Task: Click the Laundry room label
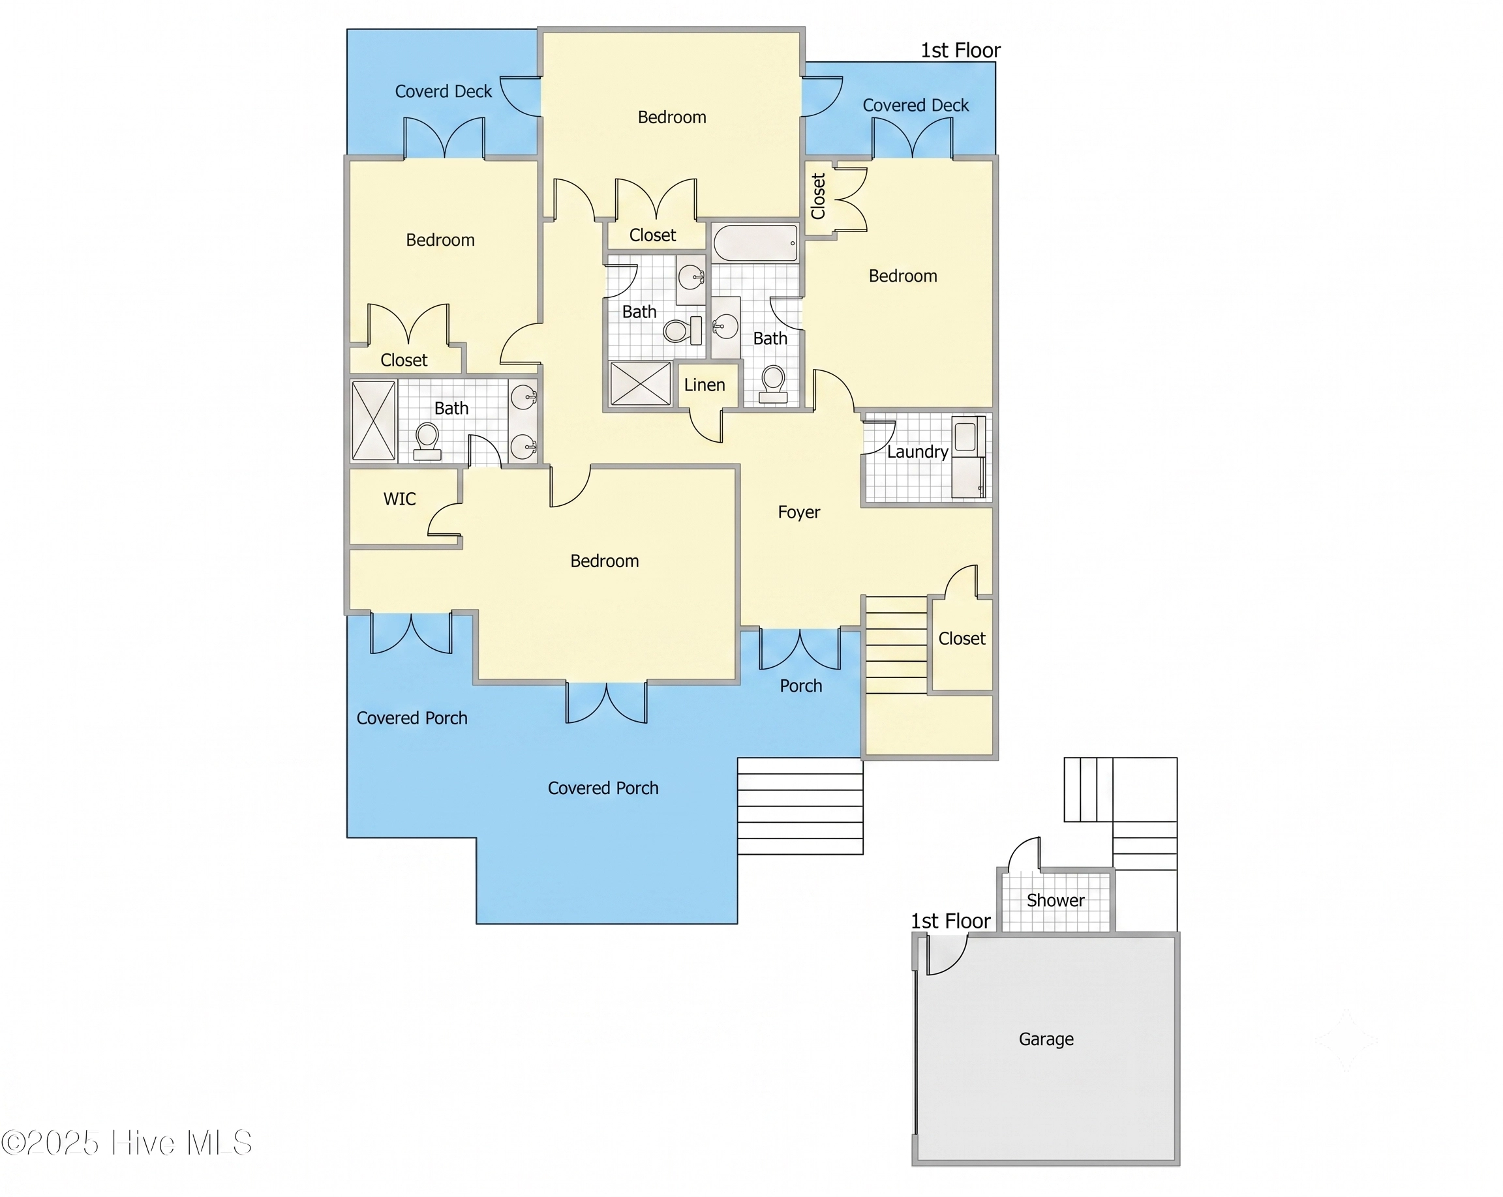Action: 917,452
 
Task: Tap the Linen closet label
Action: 704,385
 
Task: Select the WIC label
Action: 399,499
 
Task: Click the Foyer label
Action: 799,512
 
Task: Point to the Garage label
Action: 1046,1039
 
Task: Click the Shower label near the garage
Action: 1055,900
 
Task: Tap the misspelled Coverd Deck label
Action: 444,91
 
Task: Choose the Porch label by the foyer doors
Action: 801,686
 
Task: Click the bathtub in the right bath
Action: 755,243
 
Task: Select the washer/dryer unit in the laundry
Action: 969,456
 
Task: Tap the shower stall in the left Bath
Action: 374,421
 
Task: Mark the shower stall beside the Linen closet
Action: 640,383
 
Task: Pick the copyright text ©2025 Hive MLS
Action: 126,1144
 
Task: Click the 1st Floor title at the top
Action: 961,50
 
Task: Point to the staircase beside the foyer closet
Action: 896,645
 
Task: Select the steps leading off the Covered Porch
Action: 800,806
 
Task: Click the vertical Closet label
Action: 819,196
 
